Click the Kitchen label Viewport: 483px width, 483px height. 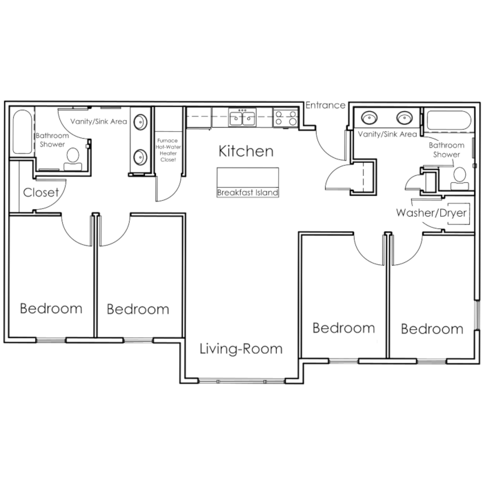pyautogui.click(x=246, y=151)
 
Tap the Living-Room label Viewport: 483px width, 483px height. pyautogui.click(x=241, y=348)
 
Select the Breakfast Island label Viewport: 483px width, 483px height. pyautogui.click(x=248, y=193)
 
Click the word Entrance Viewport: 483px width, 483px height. pyautogui.click(x=325, y=106)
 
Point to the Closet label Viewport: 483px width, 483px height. pyautogui.click(x=41, y=193)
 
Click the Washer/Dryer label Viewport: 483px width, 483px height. pyautogui.click(x=431, y=213)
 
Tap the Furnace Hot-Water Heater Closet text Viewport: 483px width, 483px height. pyautogui.click(x=168, y=150)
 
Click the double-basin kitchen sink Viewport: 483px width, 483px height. pyautogui.click(x=242, y=117)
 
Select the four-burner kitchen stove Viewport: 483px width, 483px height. pyautogui.click(x=286, y=117)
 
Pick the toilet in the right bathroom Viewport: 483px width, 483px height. pyautogui.click(x=460, y=179)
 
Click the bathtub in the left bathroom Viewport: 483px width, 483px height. pyautogui.click(x=22, y=132)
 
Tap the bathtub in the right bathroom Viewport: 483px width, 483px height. pyautogui.click(x=448, y=121)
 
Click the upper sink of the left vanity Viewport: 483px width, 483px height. pyautogui.click(x=140, y=122)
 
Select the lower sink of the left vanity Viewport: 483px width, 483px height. pyautogui.click(x=140, y=157)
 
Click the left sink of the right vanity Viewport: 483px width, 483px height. pyautogui.click(x=368, y=118)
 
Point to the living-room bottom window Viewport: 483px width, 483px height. pyautogui.click(x=241, y=382)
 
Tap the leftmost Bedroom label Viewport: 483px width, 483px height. pyautogui.click(x=51, y=308)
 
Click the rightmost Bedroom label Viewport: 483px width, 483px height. pyautogui.click(x=432, y=329)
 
